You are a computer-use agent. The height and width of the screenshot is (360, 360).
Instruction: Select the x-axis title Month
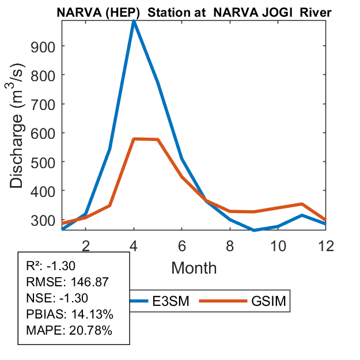pyautogui.click(x=194, y=267)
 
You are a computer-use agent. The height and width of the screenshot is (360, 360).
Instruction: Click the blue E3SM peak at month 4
pyautogui.click(x=134, y=21)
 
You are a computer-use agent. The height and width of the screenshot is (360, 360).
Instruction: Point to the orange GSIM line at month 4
pyautogui.click(x=134, y=139)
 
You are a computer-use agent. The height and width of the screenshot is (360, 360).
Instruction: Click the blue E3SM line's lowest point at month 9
pyautogui.click(x=254, y=230)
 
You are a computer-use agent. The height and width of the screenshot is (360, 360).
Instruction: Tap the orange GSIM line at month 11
pyautogui.click(x=302, y=204)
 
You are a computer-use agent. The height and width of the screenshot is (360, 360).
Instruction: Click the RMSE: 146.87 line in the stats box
pyautogui.click(x=68, y=282)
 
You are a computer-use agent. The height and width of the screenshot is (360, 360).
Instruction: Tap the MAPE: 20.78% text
pyautogui.click(x=70, y=331)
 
